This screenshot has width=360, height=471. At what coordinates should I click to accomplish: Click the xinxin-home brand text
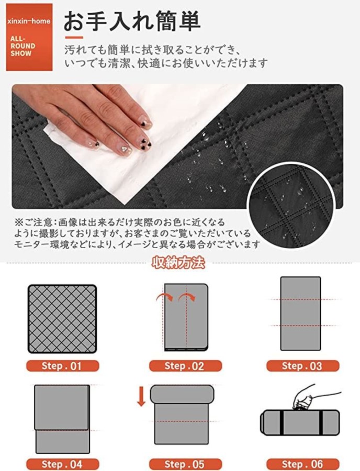pos(29,21)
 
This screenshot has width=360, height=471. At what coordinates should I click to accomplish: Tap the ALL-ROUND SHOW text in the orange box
pos(22,46)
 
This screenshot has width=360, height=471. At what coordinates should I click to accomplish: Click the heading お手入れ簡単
pos(132,21)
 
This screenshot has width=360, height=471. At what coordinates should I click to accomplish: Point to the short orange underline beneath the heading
pos(74,38)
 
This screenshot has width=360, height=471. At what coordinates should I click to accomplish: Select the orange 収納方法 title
pos(178,263)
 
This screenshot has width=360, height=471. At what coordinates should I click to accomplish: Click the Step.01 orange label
pos(62,366)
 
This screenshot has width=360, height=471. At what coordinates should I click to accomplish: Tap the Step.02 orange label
pos(185,366)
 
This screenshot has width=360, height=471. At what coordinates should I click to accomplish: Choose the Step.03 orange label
pos(302,366)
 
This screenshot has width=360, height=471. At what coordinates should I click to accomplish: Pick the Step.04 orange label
pos(62,464)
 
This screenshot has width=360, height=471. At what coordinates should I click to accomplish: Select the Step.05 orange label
pos(185,464)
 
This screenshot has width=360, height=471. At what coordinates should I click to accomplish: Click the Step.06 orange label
pos(302,464)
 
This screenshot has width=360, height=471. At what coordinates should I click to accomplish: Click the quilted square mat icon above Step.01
pos(62,318)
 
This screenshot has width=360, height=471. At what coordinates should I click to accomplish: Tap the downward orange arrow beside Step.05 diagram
pos(141,397)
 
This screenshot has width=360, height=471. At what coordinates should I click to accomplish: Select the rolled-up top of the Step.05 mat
pos(182,394)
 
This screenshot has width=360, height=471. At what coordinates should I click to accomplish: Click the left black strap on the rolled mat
pos(282,422)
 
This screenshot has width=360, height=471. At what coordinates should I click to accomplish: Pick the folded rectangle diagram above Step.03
pos(300,313)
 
